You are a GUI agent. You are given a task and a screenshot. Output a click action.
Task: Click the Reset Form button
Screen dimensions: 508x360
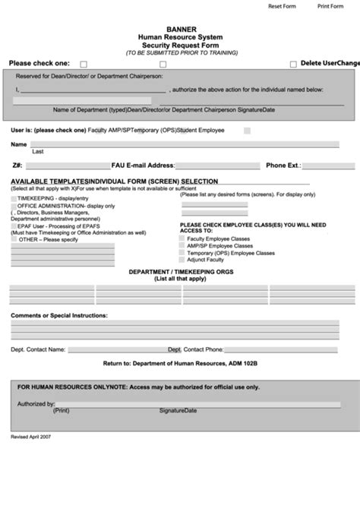pyautogui.click(x=281, y=6)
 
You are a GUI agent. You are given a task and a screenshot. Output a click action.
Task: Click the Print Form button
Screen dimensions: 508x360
pyautogui.click(x=330, y=6)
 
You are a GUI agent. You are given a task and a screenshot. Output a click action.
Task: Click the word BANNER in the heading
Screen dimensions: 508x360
pyautogui.click(x=181, y=30)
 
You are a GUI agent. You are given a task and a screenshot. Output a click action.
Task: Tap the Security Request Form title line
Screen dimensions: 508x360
pyautogui.click(x=181, y=45)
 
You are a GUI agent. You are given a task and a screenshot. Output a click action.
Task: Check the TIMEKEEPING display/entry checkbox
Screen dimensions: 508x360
pyautogui.click(x=14, y=198)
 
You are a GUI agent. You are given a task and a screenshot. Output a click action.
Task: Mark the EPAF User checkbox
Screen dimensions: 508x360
pyautogui.click(x=14, y=226)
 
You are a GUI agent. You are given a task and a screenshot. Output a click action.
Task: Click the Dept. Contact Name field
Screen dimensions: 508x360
pyautogui.click(x=117, y=350)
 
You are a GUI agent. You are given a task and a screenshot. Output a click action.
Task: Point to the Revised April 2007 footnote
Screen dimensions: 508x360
pyautogui.click(x=31, y=437)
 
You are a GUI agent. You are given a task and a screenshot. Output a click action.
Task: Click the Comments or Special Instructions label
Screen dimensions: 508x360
pyautogui.click(x=59, y=314)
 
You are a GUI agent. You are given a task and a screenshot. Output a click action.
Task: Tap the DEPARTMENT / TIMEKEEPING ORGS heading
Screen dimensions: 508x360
pyautogui.click(x=181, y=271)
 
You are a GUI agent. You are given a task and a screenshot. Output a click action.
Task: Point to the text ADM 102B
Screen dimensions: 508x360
pyautogui.click(x=243, y=364)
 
